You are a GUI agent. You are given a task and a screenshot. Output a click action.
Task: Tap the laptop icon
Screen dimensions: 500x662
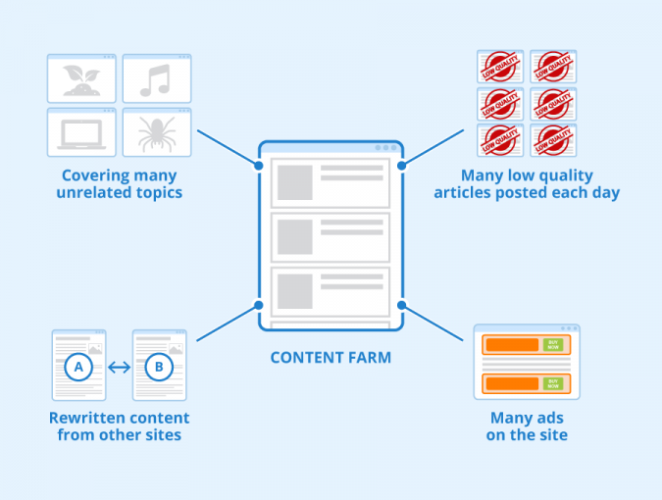[x=82, y=135]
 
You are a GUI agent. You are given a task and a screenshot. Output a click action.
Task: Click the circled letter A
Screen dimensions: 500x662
[x=77, y=369]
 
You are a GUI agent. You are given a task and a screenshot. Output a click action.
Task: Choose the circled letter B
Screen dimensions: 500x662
[x=159, y=369]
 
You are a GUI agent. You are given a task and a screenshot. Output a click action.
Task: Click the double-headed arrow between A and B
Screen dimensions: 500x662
[x=119, y=369]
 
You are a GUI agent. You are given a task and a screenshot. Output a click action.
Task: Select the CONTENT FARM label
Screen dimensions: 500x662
[x=331, y=358]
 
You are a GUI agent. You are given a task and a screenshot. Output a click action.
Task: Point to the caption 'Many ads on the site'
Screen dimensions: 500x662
[x=526, y=426]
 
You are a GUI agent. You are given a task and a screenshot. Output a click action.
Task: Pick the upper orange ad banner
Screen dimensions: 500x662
[x=510, y=345]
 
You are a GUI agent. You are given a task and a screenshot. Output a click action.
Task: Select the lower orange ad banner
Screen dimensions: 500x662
[x=510, y=381]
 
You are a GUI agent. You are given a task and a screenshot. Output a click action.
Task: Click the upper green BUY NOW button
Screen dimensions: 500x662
[x=555, y=345]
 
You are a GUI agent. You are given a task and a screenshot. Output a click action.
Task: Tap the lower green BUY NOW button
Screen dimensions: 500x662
[x=555, y=381]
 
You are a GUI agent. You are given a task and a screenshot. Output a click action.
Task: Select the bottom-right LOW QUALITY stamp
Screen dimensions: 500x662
[x=553, y=140]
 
